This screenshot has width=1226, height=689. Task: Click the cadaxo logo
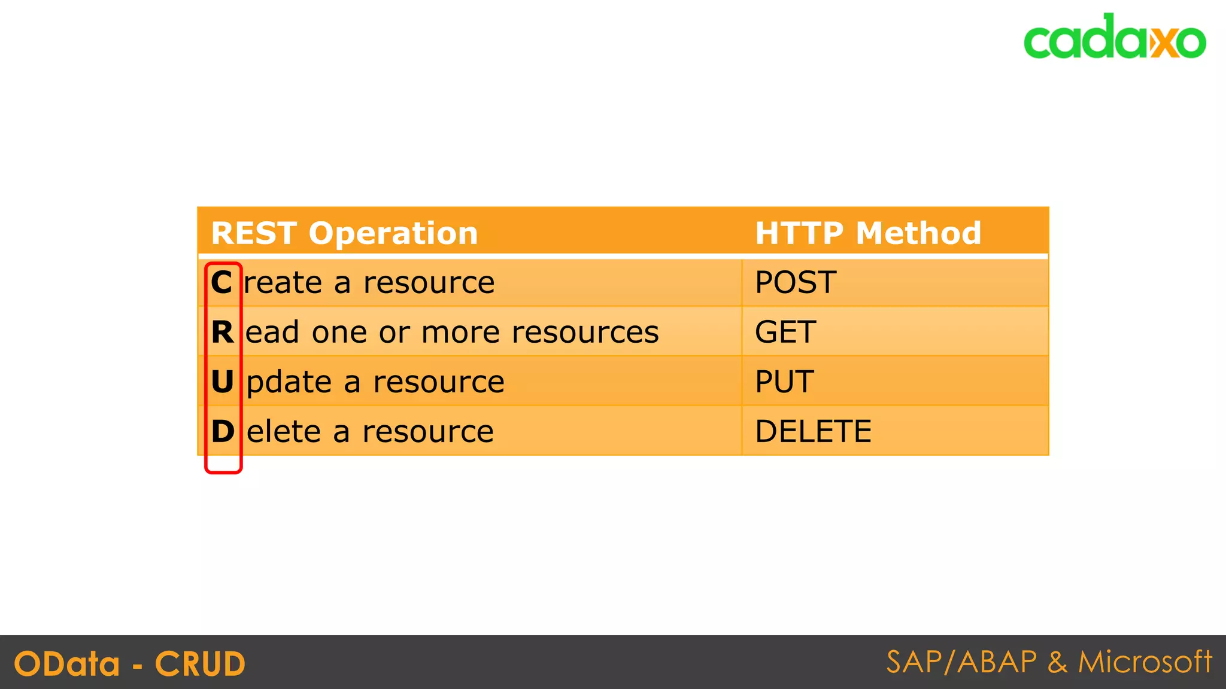tap(1114, 37)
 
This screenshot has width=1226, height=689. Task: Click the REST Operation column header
tap(344, 233)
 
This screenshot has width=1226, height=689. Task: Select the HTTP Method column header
tap(868, 233)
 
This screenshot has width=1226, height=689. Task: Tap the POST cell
tap(796, 282)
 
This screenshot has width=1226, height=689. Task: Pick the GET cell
tap(785, 332)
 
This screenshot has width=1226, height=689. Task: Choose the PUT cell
tap(784, 382)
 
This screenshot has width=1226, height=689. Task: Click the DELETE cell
tap(813, 431)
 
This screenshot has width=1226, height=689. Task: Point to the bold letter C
tap(221, 282)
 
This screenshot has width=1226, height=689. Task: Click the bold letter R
tap(222, 332)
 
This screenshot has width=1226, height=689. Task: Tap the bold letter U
tap(222, 382)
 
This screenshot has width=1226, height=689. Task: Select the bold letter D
tap(223, 431)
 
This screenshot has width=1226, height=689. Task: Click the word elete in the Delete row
tap(284, 431)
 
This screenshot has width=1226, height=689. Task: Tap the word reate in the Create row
tap(283, 283)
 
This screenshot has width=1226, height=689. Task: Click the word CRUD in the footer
tap(200, 664)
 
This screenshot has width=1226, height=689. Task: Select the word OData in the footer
tap(67, 664)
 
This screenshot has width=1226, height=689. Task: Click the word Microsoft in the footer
tap(1145, 662)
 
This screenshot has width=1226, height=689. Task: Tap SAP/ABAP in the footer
tap(961, 662)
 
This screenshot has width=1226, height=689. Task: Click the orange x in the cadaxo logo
tap(1164, 42)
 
